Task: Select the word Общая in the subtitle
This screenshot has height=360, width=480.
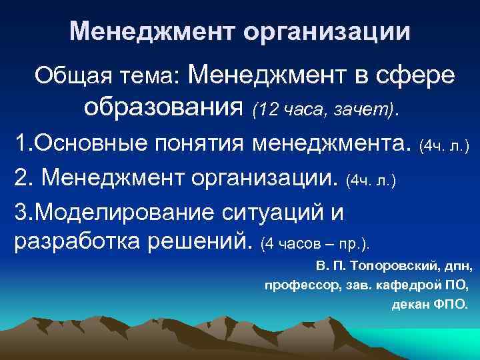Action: (x=67, y=76)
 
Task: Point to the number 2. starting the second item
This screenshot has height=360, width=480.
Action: (x=23, y=178)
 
